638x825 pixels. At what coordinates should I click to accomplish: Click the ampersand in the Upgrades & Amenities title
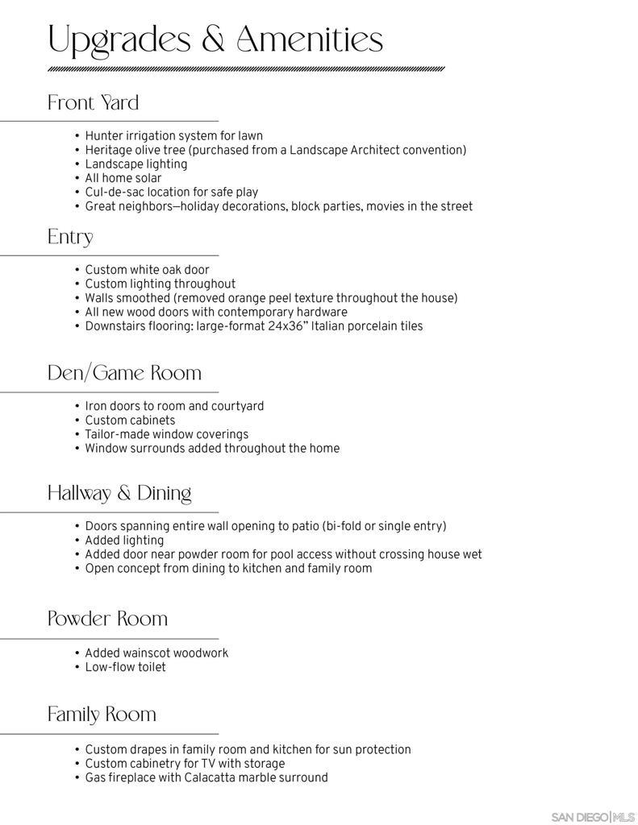point(213,39)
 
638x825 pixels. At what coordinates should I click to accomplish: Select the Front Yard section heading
point(93,103)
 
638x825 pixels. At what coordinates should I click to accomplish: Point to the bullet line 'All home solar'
point(123,178)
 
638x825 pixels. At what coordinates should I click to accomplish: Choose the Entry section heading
point(70,237)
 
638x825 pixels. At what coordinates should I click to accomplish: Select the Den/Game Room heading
point(124,373)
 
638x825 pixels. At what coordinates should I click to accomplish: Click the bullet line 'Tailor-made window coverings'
point(166,434)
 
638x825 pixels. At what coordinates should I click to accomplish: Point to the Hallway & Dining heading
point(119,493)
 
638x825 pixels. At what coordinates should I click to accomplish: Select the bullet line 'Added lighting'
point(124,541)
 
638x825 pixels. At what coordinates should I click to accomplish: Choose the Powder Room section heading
point(107,619)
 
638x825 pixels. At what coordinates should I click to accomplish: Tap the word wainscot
point(146,653)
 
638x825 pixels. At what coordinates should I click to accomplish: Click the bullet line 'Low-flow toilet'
point(125,667)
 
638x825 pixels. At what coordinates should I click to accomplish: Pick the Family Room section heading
point(102,715)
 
